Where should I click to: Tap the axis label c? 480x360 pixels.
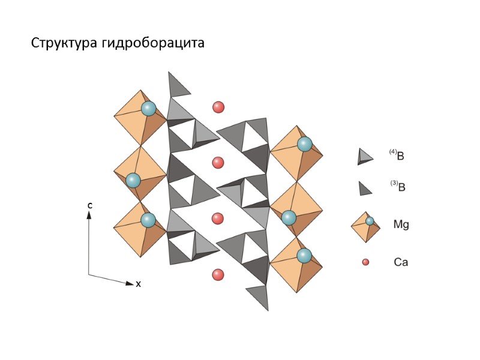click(x=89, y=206)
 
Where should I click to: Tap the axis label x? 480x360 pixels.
click(x=139, y=284)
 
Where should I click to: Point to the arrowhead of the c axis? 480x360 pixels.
click(x=89, y=215)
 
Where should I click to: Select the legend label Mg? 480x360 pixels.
click(x=401, y=224)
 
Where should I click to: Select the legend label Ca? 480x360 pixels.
click(x=401, y=262)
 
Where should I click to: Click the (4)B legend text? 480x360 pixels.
click(x=398, y=155)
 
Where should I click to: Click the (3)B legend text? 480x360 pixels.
click(x=398, y=187)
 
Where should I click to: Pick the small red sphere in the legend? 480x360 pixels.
click(x=365, y=262)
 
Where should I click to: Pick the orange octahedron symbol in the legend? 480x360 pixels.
click(x=365, y=227)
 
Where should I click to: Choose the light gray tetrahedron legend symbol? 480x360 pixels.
click(x=365, y=156)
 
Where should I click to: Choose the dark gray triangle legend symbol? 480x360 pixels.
click(x=365, y=188)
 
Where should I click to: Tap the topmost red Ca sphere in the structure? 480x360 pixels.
click(x=218, y=107)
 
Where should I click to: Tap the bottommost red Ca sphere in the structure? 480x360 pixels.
click(x=218, y=275)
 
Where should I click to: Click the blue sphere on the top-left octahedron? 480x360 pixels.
click(x=148, y=109)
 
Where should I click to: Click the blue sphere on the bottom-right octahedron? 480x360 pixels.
click(x=305, y=256)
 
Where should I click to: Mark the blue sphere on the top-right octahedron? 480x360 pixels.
click(x=305, y=144)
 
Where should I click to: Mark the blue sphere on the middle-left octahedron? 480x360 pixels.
click(x=133, y=180)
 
